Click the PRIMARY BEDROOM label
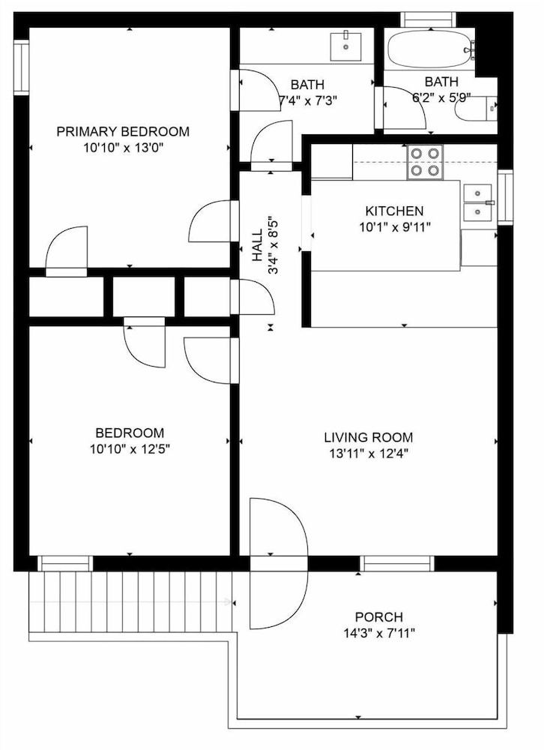click(x=123, y=131)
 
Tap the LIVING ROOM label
click(x=369, y=437)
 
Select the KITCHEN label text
click(x=394, y=211)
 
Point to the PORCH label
click(x=379, y=617)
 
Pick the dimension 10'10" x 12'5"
click(x=130, y=449)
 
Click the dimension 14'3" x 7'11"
click(x=379, y=634)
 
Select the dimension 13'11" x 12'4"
click(x=369, y=454)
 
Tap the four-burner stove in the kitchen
click(x=425, y=162)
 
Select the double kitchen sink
click(x=477, y=202)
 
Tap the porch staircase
click(x=130, y=601)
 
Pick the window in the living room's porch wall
click(x=397, y=563)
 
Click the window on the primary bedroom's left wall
click(x=22, y=67)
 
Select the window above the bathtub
click(x=428, y=19)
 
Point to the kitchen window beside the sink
click(x=505, y=197)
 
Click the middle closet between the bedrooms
click(x=143, y=296)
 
